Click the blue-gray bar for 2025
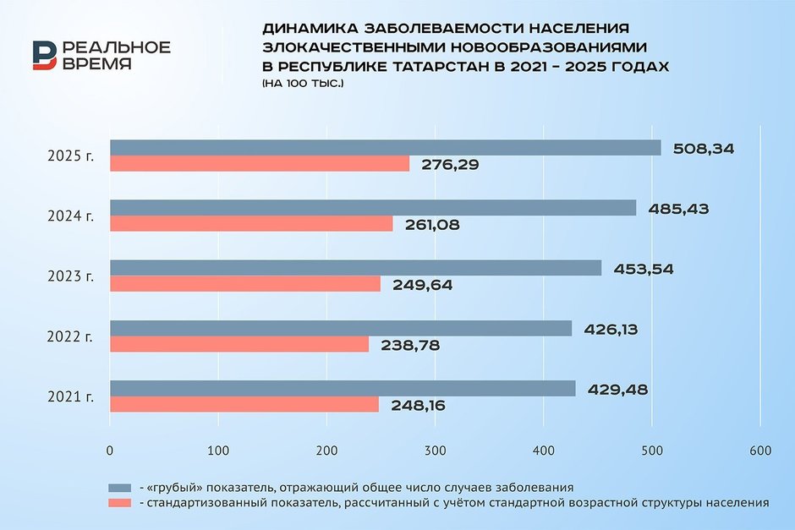tap(385, 148)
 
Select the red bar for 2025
tap(260, 164)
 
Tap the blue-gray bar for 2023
tap(355, 268)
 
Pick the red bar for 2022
tap(239, 345)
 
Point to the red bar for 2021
tap(244, 405)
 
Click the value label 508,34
tap(704, 149)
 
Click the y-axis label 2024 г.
tap(71, 216)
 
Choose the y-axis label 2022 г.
tap(71, 337)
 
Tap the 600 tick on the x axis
tap(760, 451)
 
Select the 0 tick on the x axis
tap(110, 451)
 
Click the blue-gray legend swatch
tap(120, 488)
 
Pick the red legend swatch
tap(120, 503)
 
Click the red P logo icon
tap(44, 56)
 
